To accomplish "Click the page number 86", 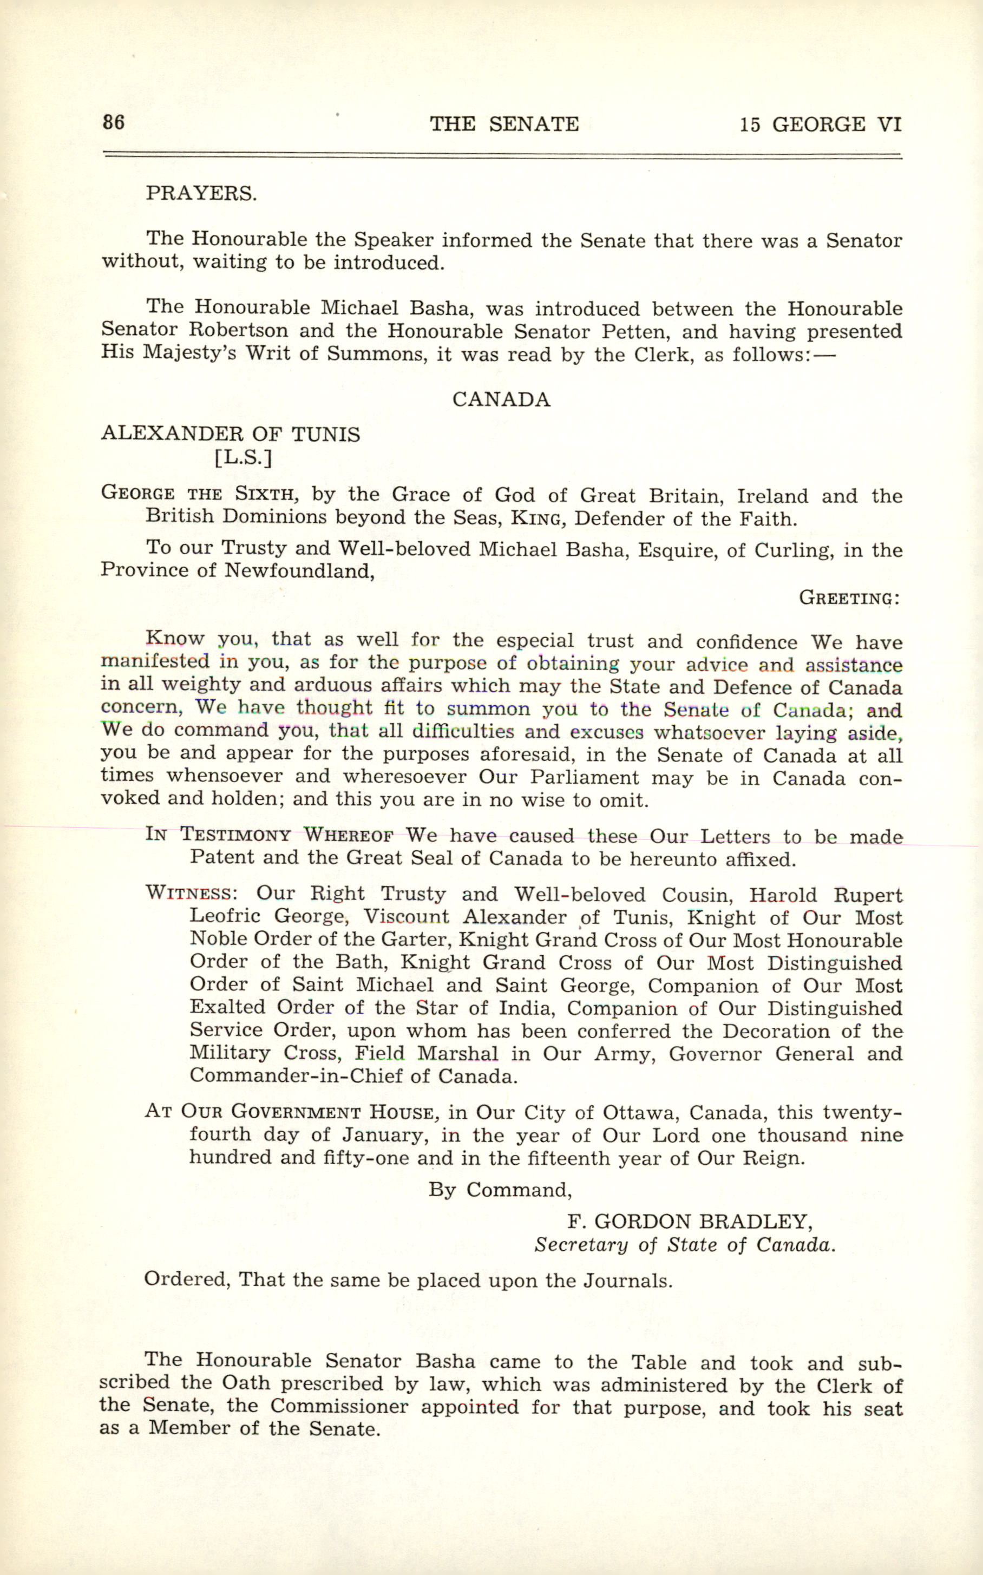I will (113, 122).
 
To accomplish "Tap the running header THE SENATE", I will (504, 123).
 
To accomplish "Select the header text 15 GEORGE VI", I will (820, 123).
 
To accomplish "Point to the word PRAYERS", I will (201, 194).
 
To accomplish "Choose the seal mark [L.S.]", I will (243, 458).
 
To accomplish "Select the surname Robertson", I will (238, 330).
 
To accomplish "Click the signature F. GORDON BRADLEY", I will (690, 1222).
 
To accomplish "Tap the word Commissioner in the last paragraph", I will (339, 1407).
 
